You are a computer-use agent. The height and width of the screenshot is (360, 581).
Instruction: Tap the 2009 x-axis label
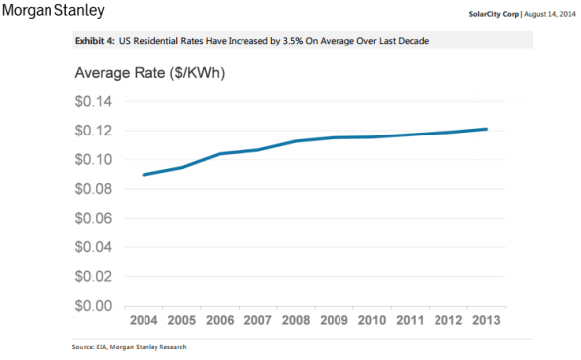click(335, 322)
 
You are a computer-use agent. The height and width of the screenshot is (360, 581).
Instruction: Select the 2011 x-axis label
click(411, 322)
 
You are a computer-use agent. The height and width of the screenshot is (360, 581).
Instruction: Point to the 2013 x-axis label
click(486, 322)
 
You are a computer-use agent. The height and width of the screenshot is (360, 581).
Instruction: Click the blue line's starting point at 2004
click(145, 175)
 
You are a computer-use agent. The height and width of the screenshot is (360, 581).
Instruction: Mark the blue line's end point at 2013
click(486, 129)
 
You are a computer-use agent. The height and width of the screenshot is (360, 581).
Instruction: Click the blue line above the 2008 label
click(297, 141)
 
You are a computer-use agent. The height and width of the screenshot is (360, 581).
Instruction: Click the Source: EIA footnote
click(129, 348)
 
